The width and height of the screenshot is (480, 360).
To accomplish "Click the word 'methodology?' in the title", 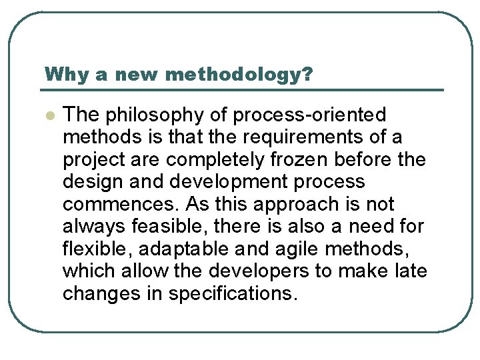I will pyautogui.click(x=238, y=74).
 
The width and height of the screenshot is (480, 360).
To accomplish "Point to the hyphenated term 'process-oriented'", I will pyautogui.click(x=309, y=115).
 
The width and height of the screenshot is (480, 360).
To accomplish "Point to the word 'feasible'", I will pyautogui.click(x=153, y=227).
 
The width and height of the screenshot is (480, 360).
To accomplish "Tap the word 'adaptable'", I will pyautogui.click(x=167, y=249).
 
